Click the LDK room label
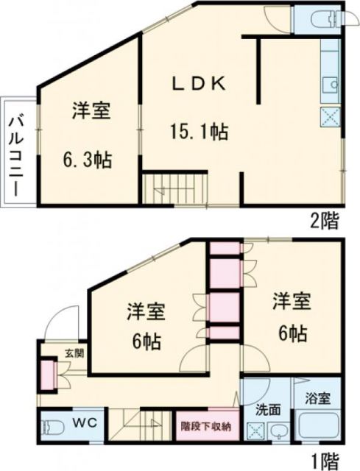(x=198, y=83)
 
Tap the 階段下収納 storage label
(x=207, y=425)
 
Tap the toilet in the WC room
(x=52, y=427)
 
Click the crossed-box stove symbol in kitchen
(x=329, y=116)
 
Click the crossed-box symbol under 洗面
(x=256, y=432)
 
